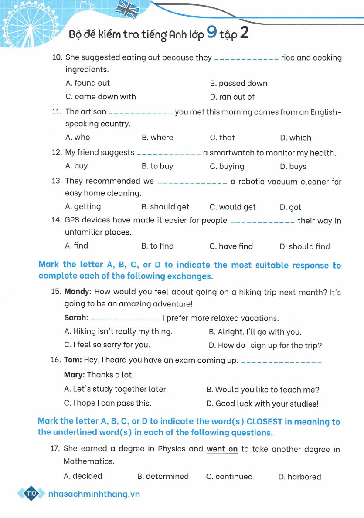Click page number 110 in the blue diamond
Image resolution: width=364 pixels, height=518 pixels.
31,494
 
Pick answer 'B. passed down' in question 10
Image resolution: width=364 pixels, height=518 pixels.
238,83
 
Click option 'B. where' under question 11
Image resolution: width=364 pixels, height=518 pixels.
157,138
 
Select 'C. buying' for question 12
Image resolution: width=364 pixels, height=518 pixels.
227,166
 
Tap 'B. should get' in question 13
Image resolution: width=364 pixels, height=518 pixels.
165,207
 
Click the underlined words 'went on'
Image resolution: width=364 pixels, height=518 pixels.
222,449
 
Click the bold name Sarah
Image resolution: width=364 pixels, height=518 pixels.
76,318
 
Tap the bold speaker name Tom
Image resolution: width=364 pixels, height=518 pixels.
73,360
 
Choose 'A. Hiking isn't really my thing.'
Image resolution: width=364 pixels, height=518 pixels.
118,332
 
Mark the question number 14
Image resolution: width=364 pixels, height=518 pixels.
57,220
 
